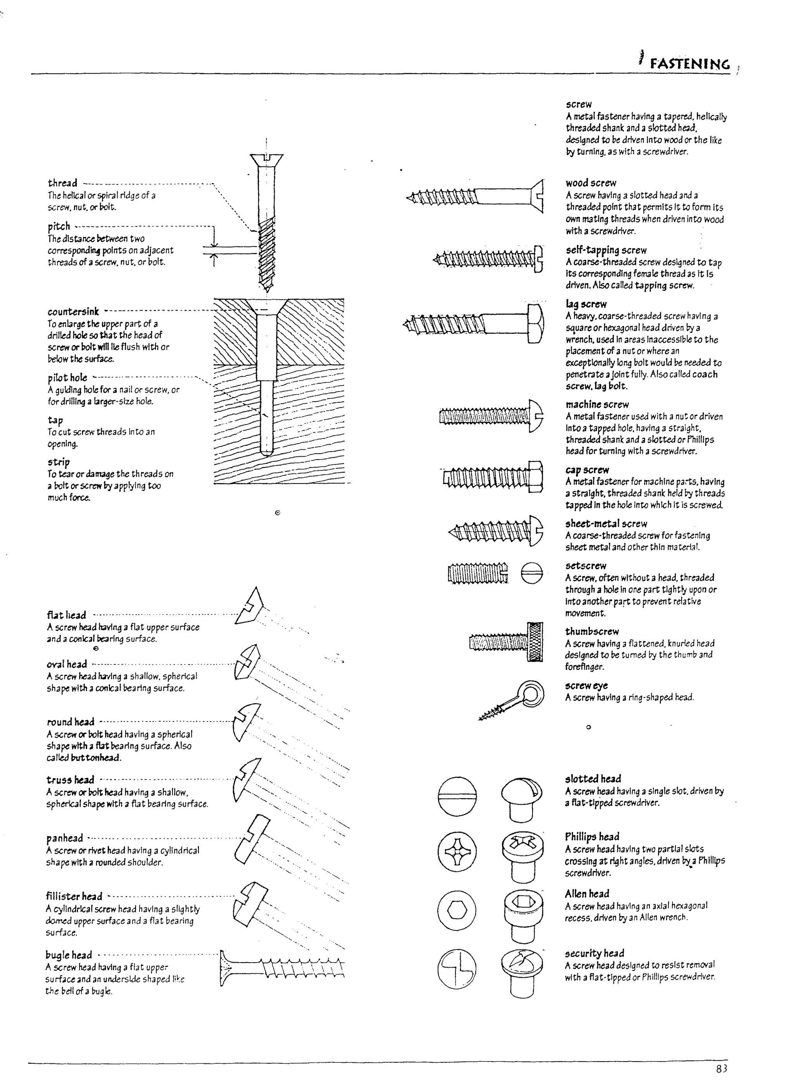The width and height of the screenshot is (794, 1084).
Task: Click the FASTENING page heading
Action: point(690,64)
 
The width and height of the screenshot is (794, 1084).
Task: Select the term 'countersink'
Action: point(73,311)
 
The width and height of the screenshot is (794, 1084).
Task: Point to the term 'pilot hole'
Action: point(67,378)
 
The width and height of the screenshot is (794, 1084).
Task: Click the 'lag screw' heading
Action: point(586,304)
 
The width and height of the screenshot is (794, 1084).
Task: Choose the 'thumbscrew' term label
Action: point(592,632)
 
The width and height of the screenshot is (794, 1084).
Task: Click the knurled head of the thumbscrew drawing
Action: point(535,642)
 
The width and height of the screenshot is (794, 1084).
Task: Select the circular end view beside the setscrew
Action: point(532,573)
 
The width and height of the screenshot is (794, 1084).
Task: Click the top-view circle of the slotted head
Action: point(457,796)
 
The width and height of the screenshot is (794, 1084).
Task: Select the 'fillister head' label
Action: point(74,897)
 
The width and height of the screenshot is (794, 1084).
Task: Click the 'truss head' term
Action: point(70,780)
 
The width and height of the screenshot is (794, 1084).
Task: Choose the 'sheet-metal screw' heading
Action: point(606,524)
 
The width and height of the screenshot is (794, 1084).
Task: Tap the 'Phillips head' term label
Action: point(592,837)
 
